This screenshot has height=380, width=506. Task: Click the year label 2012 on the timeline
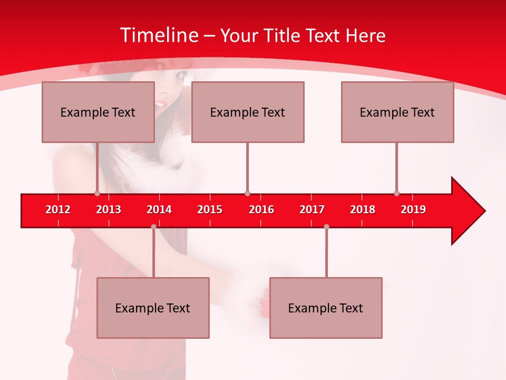click(58, 210)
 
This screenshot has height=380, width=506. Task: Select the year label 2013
click(109, 210)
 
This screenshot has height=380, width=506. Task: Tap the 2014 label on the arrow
click(159, 210)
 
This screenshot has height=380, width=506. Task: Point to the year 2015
click(210, 210)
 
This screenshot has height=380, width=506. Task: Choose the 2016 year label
click(261, 210)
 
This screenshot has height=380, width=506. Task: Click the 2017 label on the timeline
click(312, 210)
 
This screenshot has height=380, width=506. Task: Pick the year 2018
click(363, 210)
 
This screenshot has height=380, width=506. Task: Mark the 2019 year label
click(413, 210)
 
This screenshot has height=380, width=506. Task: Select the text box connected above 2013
click(98, 112)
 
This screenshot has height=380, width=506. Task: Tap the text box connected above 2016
click(248, 112)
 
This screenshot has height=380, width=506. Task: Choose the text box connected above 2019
click(397, 112)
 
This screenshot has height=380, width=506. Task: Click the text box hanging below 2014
click(153, 308)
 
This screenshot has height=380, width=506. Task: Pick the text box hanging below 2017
click(326, 308)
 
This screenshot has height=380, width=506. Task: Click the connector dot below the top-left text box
click(97, 193)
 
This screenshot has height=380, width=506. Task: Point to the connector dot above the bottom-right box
click(326, 226)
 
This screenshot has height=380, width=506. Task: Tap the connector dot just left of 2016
click(247, 193)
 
